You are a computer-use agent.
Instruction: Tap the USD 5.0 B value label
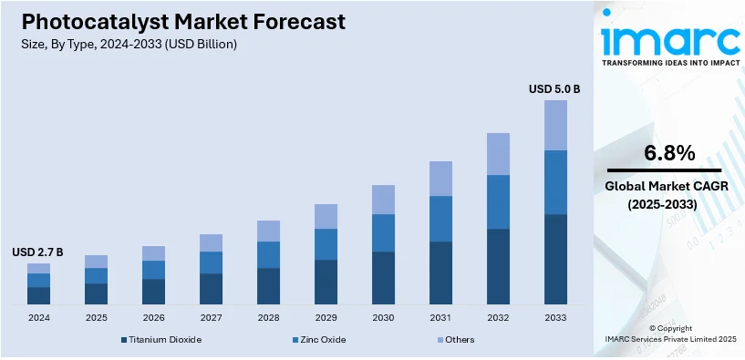tap(554, 89)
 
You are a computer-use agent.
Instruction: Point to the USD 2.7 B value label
tap(37, 252)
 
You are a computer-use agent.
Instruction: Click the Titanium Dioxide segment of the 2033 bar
tap(555, 259)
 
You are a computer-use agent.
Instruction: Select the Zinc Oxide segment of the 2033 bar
tap(555, 182)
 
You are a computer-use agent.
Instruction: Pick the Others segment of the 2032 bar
tap(498, 154)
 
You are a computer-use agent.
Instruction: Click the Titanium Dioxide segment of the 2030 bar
tap(383, 277)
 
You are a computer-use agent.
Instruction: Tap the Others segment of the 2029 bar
tap(326, 216)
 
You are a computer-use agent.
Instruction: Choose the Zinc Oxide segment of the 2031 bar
tap(440, 219)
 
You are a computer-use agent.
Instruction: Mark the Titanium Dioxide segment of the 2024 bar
tap(39, 295)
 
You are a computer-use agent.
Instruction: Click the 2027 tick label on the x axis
tap(211, 318)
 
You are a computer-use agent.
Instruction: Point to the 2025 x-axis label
tap(96, 318)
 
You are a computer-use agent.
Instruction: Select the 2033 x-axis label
tap(555, 318)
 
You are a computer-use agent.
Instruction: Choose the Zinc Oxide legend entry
tap(318, 340)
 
